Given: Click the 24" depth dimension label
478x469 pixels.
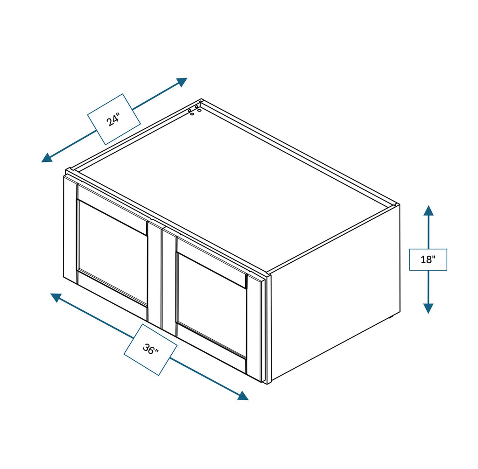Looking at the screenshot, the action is [x=114, y=119].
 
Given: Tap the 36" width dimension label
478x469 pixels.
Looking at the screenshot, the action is [x=151, y=349].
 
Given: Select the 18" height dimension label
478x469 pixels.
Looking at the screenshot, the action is [x=428, y=259].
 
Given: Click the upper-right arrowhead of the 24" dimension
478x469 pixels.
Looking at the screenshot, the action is [x=183, y=82].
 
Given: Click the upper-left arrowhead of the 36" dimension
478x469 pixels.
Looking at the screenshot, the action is [x=56, y=297].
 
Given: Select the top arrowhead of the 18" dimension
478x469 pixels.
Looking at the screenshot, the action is [x=429, y=210].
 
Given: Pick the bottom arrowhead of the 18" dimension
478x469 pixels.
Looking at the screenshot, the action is [x=429, y=308].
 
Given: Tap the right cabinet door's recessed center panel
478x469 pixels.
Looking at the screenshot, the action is [x=211, y=305].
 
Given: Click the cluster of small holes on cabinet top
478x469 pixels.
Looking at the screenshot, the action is [x=195, y=109].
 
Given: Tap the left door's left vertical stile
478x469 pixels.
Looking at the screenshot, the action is [x=70, y=230].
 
